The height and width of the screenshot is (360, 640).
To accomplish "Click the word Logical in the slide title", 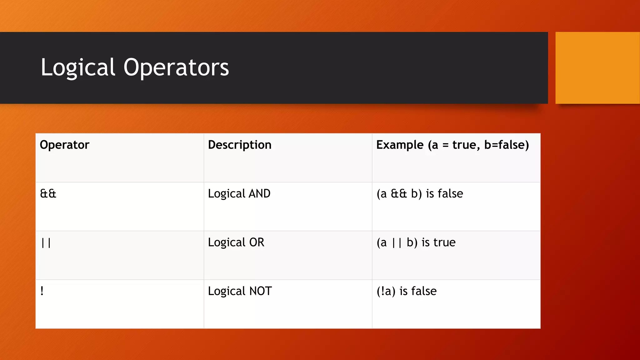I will click(78, 67).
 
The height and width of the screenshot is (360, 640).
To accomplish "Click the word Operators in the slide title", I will click(176, 67).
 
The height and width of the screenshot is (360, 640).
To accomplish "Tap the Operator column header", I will click(64, 145).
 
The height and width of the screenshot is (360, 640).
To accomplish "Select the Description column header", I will click(240, 145).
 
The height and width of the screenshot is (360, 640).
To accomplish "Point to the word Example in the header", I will click(400, 145).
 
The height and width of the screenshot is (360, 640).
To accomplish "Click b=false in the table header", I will click(506, 145).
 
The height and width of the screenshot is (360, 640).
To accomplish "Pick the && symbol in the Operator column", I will click(48, 194).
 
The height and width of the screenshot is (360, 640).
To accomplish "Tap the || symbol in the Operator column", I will click(46, 243).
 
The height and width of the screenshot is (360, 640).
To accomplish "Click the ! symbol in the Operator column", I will click(42, 291).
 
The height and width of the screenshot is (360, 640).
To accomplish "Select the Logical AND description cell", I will click(239, 194).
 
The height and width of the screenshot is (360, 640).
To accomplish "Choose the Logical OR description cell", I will click(236, 242).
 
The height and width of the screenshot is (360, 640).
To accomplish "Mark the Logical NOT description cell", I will click(240, 291).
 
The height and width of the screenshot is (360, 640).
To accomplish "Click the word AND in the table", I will click(259, 194).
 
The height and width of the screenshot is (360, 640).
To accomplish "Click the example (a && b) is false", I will click(420, 194).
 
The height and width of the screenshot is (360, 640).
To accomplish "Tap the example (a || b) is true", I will click(416, 242).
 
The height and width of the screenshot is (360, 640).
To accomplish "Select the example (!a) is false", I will click(407, 291).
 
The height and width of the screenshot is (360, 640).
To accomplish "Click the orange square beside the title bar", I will click(597, 68).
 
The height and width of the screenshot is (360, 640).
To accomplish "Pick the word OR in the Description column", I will click(257, 242).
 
